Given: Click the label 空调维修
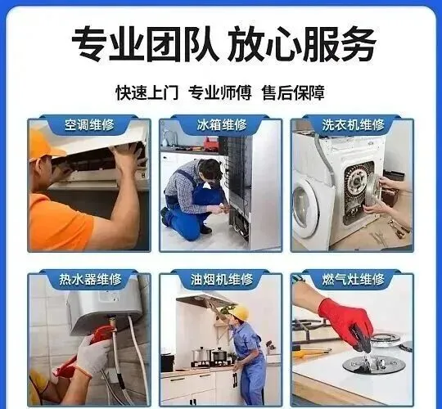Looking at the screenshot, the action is (89, 124).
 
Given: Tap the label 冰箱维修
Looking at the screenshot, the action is (221, 124).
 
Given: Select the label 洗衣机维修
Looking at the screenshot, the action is (353, 124).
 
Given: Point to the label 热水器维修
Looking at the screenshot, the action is (90, 279).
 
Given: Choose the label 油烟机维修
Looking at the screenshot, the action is (222, 279).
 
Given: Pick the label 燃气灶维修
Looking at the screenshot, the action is (353, 279).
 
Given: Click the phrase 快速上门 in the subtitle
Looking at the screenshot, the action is (147, 92).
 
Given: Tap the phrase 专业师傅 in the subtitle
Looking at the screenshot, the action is (220, 92).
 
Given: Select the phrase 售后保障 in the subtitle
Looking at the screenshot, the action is (293, 92).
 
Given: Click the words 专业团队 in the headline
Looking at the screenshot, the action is (145, 43).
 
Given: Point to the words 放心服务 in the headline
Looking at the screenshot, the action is (302, 43).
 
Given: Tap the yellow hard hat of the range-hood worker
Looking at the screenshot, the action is (239, 312).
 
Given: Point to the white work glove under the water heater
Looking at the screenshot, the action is (91, 356).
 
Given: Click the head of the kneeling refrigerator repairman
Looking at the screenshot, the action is (210, 169).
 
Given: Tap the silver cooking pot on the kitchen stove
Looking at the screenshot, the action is (201, 354).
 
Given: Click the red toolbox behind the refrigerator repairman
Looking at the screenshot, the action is (211, 143).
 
